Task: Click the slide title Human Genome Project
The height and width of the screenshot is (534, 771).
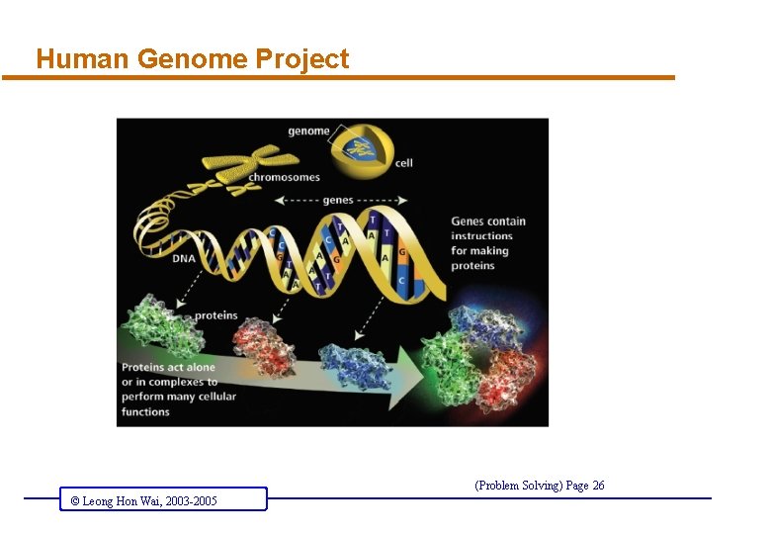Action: [x=192, y=59]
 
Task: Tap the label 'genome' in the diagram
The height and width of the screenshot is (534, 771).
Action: [x=308, y=132]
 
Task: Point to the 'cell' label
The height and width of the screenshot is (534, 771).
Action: [x=403, y=163]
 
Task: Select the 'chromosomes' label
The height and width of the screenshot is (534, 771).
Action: [x=285, y=178]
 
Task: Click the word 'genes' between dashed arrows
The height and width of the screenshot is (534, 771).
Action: [x=337, y=200]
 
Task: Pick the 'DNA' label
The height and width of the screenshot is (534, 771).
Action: [x=185, y=259]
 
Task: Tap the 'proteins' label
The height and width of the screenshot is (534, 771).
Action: [x=215, y=315]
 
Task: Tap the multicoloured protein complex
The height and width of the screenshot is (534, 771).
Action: [x=478, y=357]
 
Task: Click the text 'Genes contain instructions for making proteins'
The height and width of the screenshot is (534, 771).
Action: [x=488, y=243]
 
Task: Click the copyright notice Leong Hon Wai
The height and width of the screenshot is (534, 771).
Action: [x=143, y=501]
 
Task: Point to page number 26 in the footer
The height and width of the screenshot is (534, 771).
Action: [x=598, y=485]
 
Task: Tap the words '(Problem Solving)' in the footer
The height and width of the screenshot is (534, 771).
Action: [x=519, y=485]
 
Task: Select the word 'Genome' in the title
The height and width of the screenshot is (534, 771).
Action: [x=192, y=59]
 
